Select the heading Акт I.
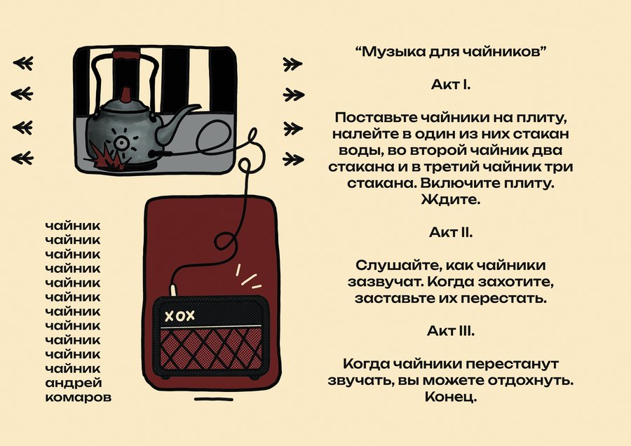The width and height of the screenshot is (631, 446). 451,85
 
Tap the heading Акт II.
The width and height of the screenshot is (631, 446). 451,232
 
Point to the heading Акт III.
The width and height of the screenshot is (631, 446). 451,331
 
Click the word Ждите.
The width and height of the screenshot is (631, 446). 451,200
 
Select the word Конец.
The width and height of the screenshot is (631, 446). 451,397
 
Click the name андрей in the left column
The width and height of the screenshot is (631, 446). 74,383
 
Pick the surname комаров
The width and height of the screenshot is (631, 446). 79,398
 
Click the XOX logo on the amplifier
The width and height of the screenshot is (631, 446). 180,316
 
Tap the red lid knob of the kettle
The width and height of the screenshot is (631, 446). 125,95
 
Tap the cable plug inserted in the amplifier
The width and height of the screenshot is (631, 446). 173,290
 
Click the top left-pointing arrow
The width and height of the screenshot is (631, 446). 23,63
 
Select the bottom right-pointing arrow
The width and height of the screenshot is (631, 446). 293,159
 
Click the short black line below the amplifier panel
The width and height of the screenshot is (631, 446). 214,399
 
